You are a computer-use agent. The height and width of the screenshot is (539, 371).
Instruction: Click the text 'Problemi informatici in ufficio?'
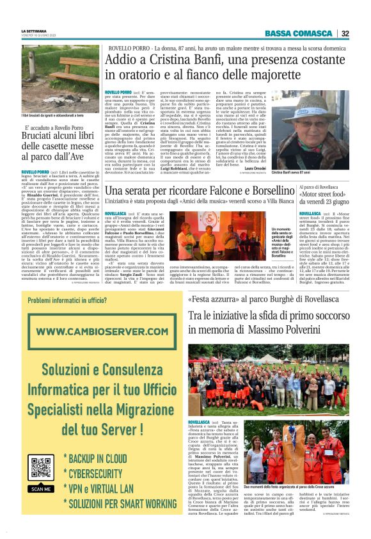[x=67, y=301]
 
